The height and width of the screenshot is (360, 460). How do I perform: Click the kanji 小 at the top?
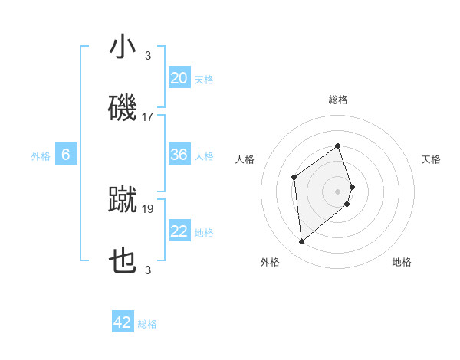[x=123, y=47]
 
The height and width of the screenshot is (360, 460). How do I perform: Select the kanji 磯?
[x=123, y=107]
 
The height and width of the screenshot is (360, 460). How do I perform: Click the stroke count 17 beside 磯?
[x=148, y=117]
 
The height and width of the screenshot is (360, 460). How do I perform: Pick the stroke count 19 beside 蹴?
[x=148, y=208]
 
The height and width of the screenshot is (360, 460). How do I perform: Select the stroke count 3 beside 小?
[x=148, y=55]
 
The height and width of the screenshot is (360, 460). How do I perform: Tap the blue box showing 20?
[x=179, y=78]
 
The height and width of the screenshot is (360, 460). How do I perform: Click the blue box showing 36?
[x=179, y=155]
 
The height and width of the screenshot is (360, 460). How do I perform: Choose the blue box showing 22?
[x=179, y=231]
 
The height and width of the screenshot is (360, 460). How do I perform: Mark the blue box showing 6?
[x=66, y=155]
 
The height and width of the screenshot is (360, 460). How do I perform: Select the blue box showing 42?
[x=123, y=322]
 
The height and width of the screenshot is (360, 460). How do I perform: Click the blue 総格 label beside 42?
[x=147, y=324]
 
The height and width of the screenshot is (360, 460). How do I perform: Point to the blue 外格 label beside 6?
[x=41, y=155]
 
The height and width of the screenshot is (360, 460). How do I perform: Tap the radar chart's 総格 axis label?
[x=338, y=100]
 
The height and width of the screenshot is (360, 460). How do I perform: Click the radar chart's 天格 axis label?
[x=432, y=159]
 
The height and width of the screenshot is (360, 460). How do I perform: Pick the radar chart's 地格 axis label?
[x=402, y=263]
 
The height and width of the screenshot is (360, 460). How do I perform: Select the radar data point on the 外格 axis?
[x=302, y=242]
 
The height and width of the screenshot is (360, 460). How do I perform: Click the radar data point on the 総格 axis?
[x=338, y=146]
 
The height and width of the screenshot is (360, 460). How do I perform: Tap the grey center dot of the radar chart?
[x=338, y=190]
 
